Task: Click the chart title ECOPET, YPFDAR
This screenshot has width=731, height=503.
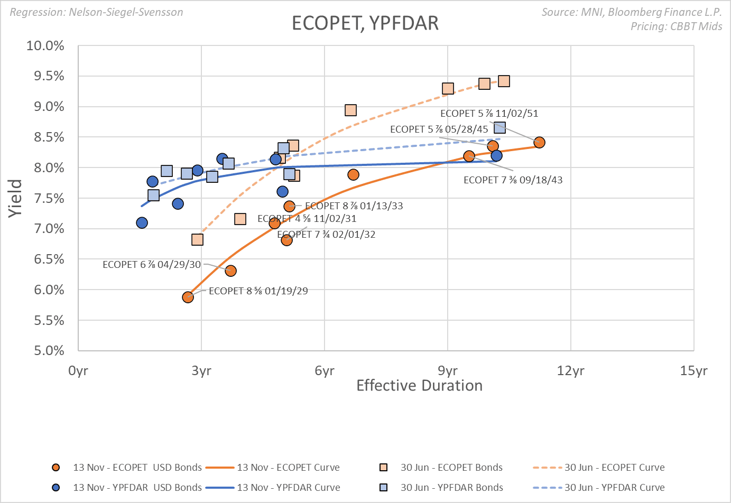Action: [x=365, y=23]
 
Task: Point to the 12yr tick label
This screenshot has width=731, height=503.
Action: [x=570, y=370]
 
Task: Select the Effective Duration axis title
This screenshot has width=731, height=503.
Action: [x=419, y=386]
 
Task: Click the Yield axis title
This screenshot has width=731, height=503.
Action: [x=15, y=198]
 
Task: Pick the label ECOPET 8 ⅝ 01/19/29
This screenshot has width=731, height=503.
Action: [x=258, y=291]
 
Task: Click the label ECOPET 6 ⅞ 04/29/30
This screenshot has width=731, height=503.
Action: [x=152, y=265]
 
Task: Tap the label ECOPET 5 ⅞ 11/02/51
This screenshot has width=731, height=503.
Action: [x=489, y=114]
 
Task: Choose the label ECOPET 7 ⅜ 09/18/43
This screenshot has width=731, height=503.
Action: [x=513, y=180]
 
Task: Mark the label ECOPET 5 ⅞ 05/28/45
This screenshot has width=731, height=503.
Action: [x=439, y=129]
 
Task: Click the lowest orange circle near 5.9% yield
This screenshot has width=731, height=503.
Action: [x=188, y=297]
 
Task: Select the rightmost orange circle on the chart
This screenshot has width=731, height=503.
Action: [x=539, y=142]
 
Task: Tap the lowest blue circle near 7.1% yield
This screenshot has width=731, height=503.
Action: [x=142, y=223]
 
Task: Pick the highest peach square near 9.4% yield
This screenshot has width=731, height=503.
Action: [x=504, y=81]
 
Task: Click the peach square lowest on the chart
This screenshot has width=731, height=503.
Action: [x=197, y=240]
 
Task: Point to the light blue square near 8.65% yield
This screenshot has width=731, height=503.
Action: [x=499, y=128]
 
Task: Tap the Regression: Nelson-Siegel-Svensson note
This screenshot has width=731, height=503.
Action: [x=97, y=12]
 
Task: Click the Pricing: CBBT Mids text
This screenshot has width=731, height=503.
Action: [x=676, y=26]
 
